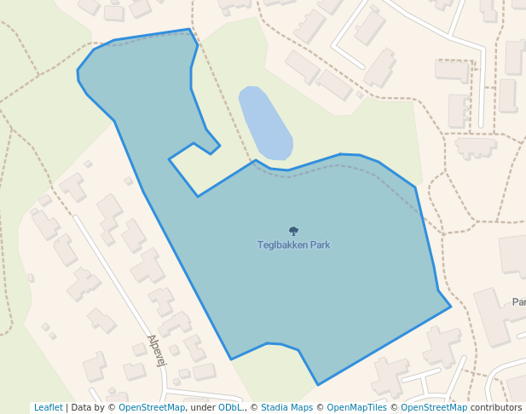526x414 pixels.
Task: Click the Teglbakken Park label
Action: pos(293,245)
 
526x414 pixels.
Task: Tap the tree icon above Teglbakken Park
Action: pos(293,231)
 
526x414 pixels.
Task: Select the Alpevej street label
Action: pos(156,350)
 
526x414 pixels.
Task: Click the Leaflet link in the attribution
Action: pos(48,408)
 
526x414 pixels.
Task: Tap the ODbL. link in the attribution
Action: pos(230,408)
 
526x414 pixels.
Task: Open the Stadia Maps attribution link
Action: pos(286,408)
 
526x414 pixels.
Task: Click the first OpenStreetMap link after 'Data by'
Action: pos(152,408)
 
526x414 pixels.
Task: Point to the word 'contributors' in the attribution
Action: pos(496,408)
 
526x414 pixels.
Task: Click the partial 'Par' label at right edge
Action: pos(518,302)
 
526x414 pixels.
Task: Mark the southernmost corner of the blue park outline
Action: pos(318,385)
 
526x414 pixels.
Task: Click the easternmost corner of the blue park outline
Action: pos(450,307)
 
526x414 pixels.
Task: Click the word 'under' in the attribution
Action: pos(202,408)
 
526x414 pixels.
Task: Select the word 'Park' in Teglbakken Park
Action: pos(320,245)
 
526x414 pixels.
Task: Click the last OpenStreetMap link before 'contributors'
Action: pos(434,408)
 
